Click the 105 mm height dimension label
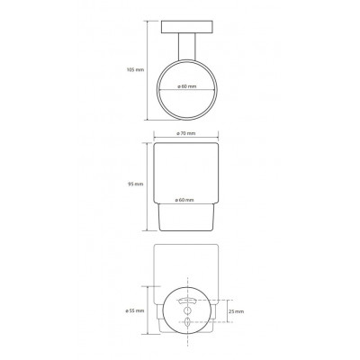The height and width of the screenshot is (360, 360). [x=135, y=70]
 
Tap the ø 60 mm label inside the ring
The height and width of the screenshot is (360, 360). [x=186, y=86]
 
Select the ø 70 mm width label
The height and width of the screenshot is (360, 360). [x=186, y=133]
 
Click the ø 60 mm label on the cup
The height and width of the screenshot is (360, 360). [x=184, y=200]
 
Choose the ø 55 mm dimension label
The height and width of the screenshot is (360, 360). [x=135, y=310]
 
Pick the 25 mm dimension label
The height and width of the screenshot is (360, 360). [x=237, y=311]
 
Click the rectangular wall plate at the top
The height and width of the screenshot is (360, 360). [x=187, y=27]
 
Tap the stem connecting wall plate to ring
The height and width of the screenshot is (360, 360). [x=186, y=46]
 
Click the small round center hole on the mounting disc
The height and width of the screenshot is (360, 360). [x=187, y=310]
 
